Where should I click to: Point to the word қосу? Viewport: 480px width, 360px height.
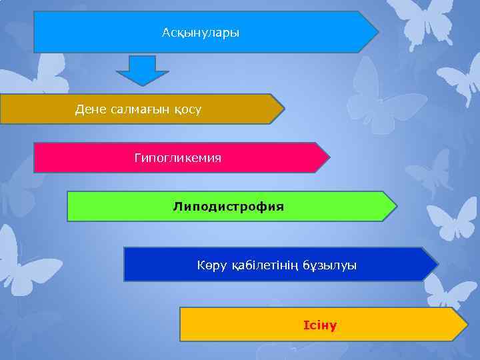point(187,109)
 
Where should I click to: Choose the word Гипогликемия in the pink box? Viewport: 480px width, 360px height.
point(177,158)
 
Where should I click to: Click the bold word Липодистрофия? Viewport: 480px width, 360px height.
point(228,207)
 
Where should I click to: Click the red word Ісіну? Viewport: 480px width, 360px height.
point(320,325)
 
